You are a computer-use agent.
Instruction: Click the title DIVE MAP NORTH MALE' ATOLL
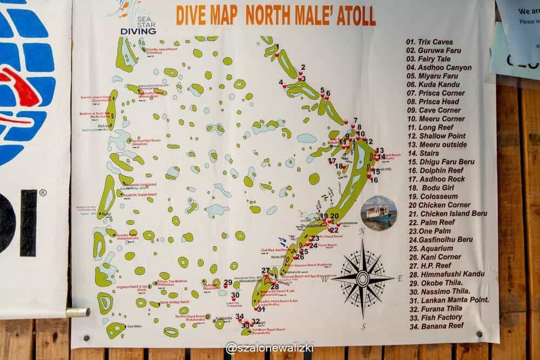275,16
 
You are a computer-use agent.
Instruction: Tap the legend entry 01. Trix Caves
429,42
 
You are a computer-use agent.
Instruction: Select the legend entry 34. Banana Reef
436,325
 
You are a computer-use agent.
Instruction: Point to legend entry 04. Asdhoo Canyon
439,67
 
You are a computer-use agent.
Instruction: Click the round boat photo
379,213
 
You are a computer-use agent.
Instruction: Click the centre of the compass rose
363,279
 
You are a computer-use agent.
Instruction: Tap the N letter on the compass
363,231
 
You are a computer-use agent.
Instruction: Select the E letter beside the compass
400,279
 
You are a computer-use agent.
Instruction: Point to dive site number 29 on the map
228,282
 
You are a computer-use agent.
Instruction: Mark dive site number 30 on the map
235,295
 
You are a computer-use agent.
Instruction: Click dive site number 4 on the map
281,83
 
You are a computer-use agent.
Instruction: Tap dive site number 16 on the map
374,180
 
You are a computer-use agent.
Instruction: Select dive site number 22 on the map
334,230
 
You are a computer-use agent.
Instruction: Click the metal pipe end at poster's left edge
78,312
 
